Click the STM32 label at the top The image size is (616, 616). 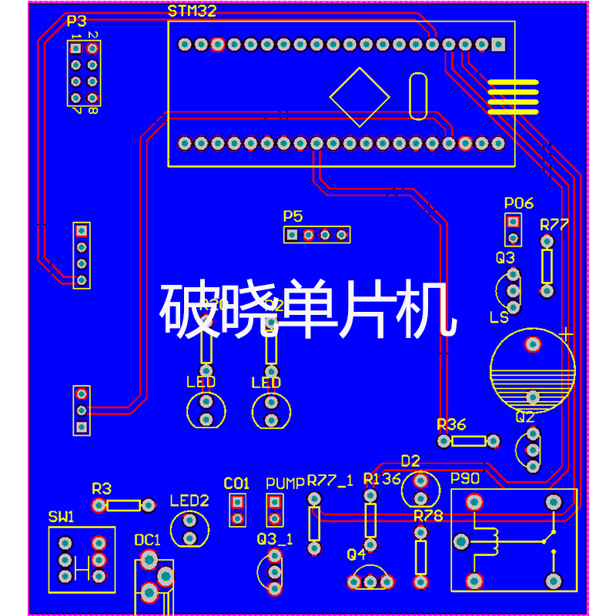(192, 11)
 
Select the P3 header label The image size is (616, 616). (76, 21)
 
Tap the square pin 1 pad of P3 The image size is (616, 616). (75, 48)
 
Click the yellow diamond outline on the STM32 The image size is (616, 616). (360, 96)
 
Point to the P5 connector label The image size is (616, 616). (293, 216)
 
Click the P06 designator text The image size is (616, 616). (519, 203)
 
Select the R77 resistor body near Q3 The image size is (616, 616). (547, 266)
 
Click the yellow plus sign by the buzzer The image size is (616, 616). (567, 335)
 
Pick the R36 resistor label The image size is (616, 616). (451, 424)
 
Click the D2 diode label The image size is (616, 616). (410, 460)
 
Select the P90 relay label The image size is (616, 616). (465, 479)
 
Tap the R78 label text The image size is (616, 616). (428, 516)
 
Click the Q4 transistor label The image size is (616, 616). (357, 554)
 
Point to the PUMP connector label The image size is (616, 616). (285, 484)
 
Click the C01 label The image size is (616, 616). (236, 484)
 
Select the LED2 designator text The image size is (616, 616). (189, 500)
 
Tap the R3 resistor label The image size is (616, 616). (102, 488)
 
